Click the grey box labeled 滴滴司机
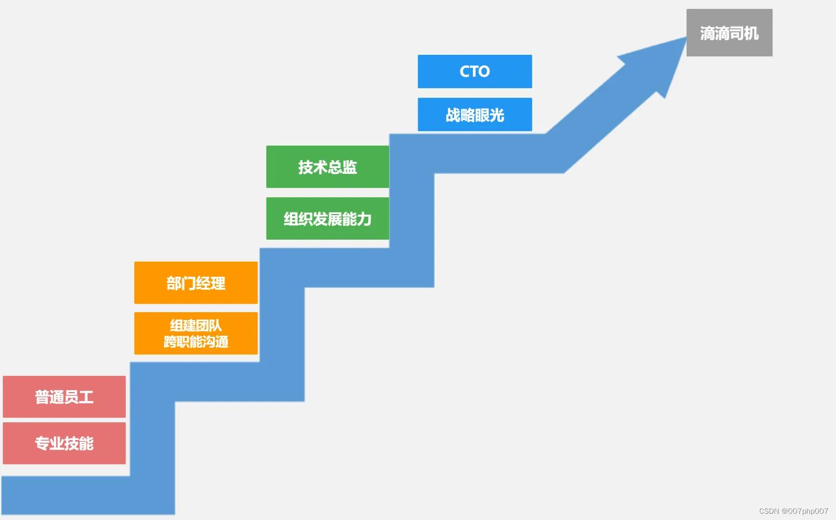(729, 32)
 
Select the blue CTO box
(474, 71)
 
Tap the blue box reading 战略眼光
(474, 114)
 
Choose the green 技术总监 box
(327, 167)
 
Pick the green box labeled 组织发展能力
(327, 218)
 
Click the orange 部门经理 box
(196, 282)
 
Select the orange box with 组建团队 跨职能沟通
(196, 333)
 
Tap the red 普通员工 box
(64, 397)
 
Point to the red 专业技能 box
(64, 443)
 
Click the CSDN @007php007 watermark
(793, 511)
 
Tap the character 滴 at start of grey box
(707, 33)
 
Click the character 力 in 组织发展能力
(364, 219)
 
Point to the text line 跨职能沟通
(196, 342)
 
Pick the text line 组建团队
(196, 325)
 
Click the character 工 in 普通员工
(86, 397)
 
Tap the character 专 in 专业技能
(42, 444)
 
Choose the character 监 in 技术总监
(350, 167)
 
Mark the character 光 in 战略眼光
(497, 115)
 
